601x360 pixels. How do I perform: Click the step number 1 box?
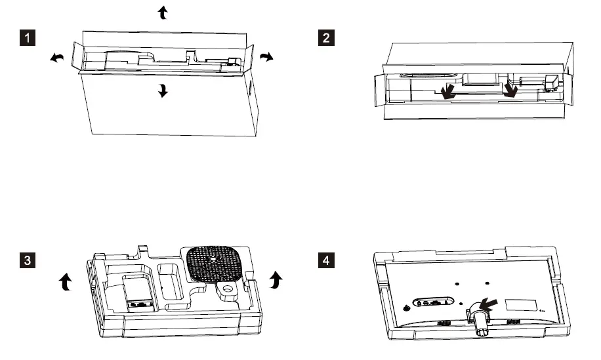click(x=27, y=37)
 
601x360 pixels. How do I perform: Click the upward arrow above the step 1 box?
click(x=163, y=12)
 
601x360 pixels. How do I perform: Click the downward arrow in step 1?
click(x=163, y=92)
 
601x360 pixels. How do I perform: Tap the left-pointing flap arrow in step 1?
click(x=58, y=59)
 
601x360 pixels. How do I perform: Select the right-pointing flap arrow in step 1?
click(x=265, y=58)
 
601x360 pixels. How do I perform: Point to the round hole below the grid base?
click(x=228, y=289)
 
